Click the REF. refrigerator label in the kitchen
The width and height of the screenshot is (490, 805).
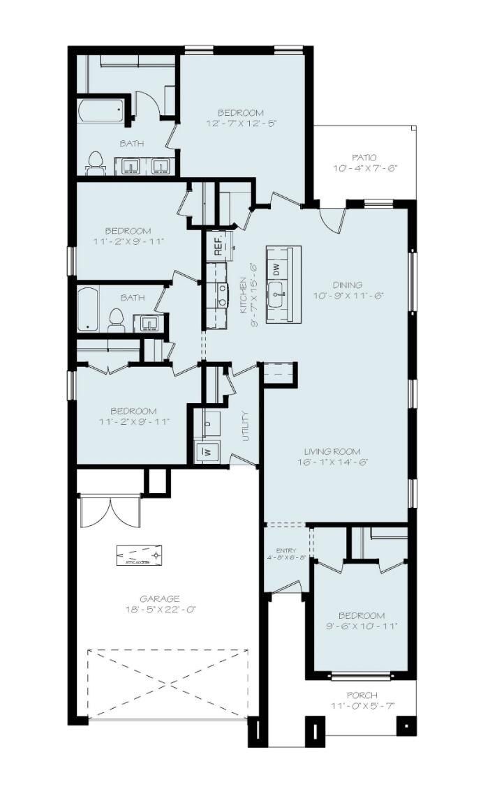click(x=218, y=245)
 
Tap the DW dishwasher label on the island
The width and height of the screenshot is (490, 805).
click(x=276, y=268)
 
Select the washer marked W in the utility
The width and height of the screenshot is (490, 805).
click(x=207, y=451)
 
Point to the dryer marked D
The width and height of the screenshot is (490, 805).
click(x=208, y=423)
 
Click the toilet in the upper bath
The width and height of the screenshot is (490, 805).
click(x=95, y=163)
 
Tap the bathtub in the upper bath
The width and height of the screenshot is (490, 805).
click(x=102, y=111)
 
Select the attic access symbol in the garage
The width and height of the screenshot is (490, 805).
click(x=140, y=556)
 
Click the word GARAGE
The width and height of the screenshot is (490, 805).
click(x=160, y=599)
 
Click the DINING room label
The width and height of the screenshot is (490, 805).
click(x=347, y=285)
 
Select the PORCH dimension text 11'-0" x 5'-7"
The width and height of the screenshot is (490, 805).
click(x=363, y=706)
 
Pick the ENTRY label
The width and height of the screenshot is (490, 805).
click(x=286, y=550)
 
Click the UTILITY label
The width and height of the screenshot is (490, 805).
click(x=246, y=426)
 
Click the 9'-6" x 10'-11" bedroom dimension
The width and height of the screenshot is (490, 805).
click(x=361, y=626)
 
